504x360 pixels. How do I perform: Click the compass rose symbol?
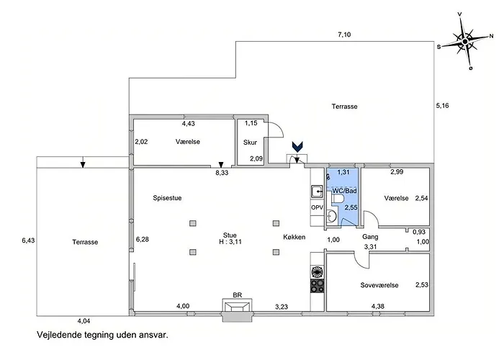pyautogui.click(x=465, y=42)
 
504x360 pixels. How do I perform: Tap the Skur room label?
pyautogui.click(x=250, y=143)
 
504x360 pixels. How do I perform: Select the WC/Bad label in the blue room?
pyautogui.click(x=345, y=191)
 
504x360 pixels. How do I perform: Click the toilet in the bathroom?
pyautogui.click(x=338, y=198)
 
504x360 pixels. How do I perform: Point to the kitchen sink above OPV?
pyautogui.click(x=318, y=192)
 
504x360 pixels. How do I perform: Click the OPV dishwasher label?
pyautogui.click(x=317, y=207)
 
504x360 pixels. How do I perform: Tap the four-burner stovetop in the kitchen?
pyautogui.click(x=318, y=286)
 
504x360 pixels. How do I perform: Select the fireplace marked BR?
pyautogui.click(x=237, y=309)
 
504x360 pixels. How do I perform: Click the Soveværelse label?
pyautogui.click(x=379, y=285)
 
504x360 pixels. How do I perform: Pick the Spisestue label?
pyautogui.click(x=167, y=198)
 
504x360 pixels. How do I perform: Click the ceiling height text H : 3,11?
pyautogui.click(x=230, y=242)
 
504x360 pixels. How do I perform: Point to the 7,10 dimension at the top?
pyautogui.click(x=344, y=35)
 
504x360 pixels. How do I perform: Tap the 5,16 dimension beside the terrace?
pyautogui.click(x=442, y=105)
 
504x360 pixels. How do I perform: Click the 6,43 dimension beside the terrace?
pyautogui.click(x=28, y=240)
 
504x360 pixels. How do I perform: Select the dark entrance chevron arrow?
pyautogui.click(x=297, y=147)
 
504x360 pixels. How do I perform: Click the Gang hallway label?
pyautogui.click(x=370, y=237)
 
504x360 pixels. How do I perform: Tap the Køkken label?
pyautogui.click(x=294, y=237)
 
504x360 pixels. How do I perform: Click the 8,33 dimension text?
pyautogui.click(x=222, y=173)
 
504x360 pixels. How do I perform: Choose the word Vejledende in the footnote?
pyautogui.click(x=59, y=335)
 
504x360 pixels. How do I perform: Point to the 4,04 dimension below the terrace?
pyautogui.click(x=84, y=321)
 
